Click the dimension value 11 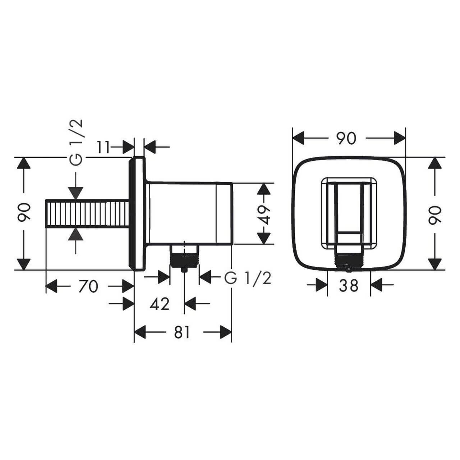coord(103,147)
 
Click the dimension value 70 coord(88,286)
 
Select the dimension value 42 coord(160,304)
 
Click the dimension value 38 coord(349,285)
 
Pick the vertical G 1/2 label coord(76,142)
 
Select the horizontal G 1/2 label coord(248,278)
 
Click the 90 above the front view coord(346,138)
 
